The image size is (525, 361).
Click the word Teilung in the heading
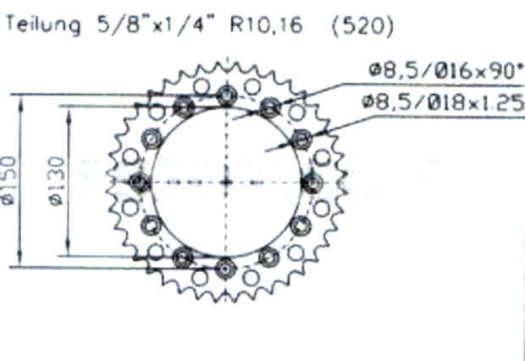point(42,27)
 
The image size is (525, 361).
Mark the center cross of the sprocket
point(225,181)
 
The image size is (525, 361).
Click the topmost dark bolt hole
point(225,93)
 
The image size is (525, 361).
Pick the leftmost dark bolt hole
point(140,181)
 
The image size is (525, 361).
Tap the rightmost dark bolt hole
point(312,181)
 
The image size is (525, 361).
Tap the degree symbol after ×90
point(519,68)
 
